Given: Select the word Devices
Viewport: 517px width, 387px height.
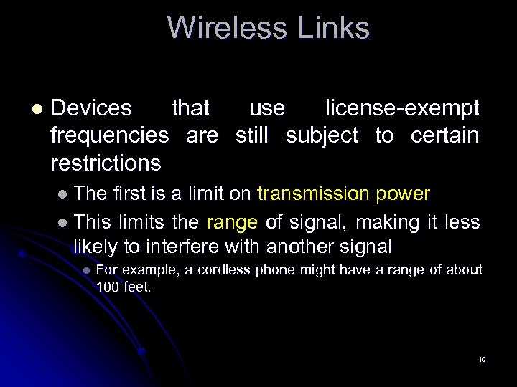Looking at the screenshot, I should [x=91, y=108].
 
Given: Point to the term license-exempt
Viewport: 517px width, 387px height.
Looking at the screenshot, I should [x=402, y=108].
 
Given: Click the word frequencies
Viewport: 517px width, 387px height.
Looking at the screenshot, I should [x=110, y=135].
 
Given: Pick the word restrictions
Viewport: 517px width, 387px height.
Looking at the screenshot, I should [x=106, y=163].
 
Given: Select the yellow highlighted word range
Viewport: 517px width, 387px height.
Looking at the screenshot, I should [x=232, y=223].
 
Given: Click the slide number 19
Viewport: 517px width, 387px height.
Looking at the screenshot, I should [x=482, y=358].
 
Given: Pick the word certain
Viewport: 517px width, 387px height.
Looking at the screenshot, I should [x=444, y=135].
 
